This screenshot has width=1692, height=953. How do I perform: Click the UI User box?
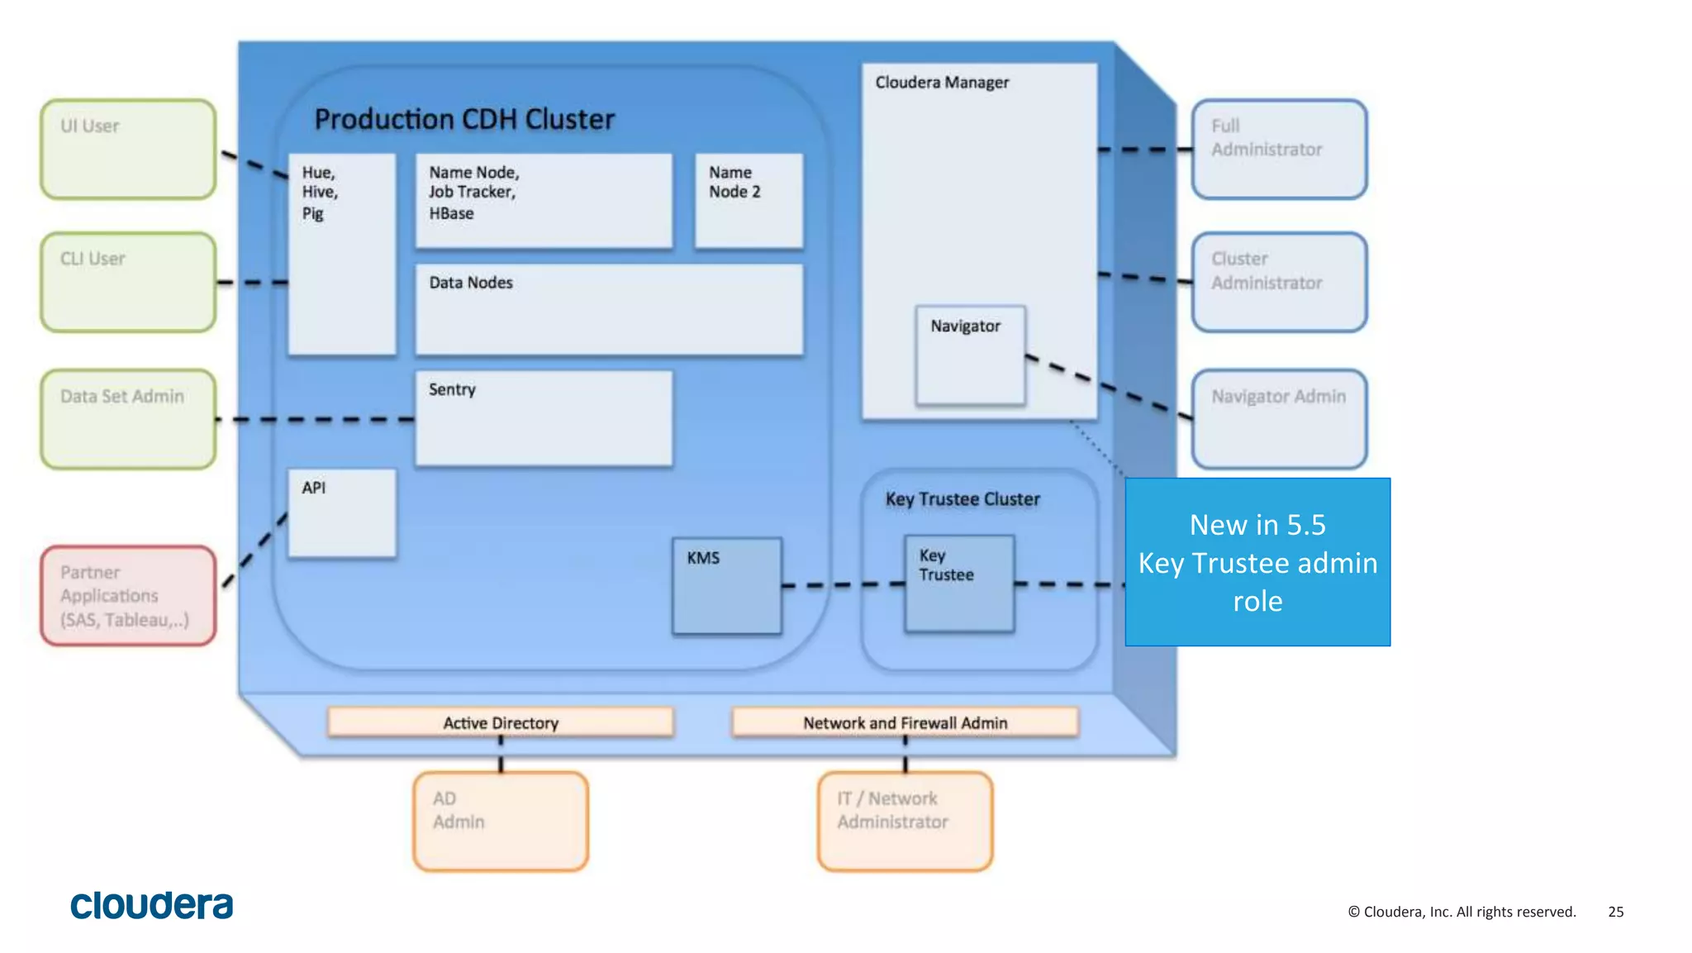(128, 150)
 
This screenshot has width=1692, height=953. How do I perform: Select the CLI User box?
(128, 283)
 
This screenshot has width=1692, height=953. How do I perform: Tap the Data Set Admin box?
(128, 419)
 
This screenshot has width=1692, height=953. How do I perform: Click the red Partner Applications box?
(128, 595)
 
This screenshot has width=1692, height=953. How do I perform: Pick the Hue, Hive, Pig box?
(342, 254)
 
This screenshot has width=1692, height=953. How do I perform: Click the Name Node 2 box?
(749, 200)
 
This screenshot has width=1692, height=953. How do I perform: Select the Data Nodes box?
(609, 310)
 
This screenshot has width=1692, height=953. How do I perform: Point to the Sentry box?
(544, 418)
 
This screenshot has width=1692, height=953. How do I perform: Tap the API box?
(342, 513)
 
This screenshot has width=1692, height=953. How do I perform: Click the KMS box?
(727, 586)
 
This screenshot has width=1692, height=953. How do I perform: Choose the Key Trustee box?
(959, 584)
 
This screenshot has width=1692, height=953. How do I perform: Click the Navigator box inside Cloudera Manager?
(971, 355)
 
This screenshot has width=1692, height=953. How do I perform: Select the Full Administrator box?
(1279, 150)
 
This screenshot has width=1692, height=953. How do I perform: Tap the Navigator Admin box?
(1279, 419)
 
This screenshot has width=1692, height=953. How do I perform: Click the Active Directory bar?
(501, 722)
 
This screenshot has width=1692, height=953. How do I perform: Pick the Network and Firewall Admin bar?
(905, 722)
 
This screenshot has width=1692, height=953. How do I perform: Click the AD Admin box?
(501, 821)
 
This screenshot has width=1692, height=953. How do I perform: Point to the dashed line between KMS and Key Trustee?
(843, 584)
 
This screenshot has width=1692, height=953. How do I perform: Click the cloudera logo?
(152, 906)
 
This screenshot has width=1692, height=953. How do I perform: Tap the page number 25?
(1615, 912)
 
